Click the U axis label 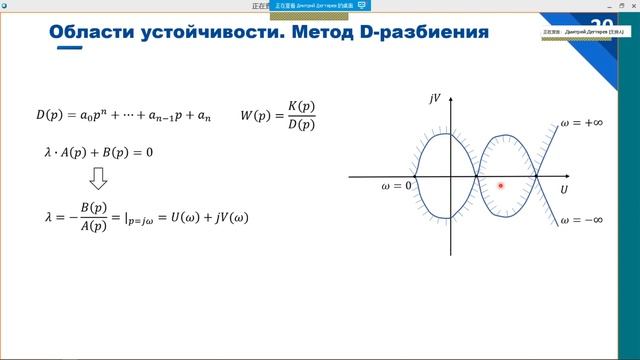(564, 189)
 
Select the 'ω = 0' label (396, 186)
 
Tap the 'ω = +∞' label (581, 123)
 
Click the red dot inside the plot (500, 185)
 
